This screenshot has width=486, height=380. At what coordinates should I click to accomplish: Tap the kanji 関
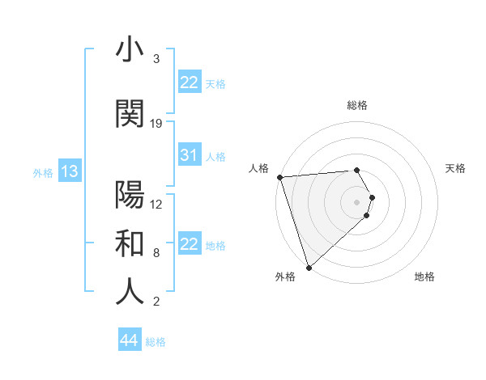[130, 113]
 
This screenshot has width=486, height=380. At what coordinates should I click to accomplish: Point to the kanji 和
[130, 243]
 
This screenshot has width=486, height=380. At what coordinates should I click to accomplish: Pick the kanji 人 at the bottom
[130, 291]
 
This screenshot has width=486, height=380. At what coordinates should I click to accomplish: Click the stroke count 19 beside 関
[156, 124]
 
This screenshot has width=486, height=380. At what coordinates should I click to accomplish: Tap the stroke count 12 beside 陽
[156, 204]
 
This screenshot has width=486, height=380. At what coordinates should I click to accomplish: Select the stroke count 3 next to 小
[156, 59]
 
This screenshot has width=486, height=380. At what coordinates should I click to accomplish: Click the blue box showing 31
[190, 155]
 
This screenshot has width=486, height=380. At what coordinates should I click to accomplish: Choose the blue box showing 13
[69, 171]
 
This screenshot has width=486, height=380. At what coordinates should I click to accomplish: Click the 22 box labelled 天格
[190, 82]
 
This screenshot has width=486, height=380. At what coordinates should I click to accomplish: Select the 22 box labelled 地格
[190, 244]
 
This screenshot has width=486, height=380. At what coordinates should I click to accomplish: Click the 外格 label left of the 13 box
[43, 173]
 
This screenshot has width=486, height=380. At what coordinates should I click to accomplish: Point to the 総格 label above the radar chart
[357, 106]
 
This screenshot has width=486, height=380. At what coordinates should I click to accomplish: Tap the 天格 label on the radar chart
[456, 168]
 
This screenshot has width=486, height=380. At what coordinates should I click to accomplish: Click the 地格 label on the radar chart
[424, 277]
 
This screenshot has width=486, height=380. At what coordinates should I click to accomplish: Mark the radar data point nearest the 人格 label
[279, 177]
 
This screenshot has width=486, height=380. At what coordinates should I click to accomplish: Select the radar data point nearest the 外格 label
[309, 267]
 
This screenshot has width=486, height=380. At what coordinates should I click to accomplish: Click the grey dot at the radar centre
[357, 201]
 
